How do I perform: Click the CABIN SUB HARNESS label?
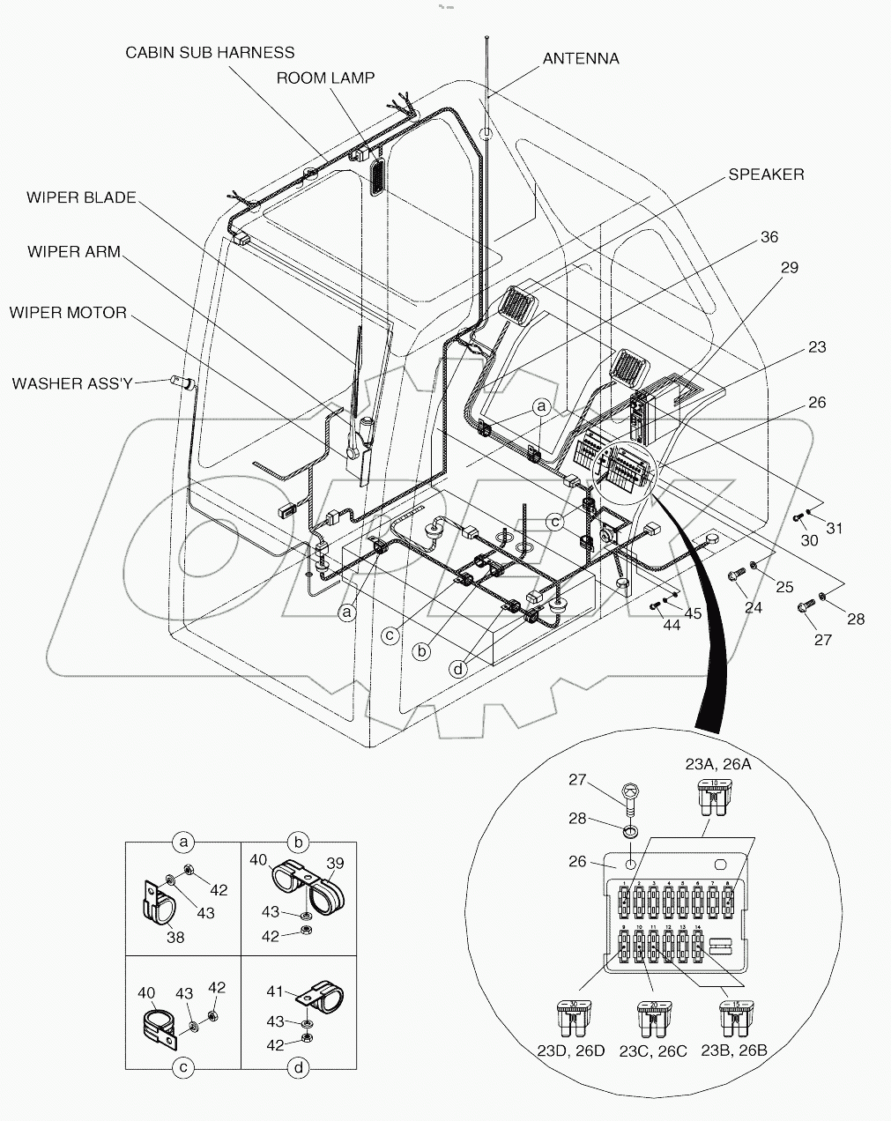click(x=210, y=53)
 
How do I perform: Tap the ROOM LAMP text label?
click(x=325, y=78)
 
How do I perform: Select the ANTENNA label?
click(x=580, y=59)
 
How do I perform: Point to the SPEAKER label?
click(x=765, y=174)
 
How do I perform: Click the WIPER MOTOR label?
click(x=68, y=313)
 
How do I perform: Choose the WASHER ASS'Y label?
click(x=72, y=383)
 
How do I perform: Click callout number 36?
click(x=769, y=237)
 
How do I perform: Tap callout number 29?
click(x=789, y=267)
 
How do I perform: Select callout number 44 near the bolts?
click(x=672, y=625)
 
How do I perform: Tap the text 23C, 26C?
click(x=654, y=1050)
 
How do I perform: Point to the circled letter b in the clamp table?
click(x=299, y=843)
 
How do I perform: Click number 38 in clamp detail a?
click(x=175, y=938)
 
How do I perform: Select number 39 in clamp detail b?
click(x=336, y=864)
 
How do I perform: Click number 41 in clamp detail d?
click(x=275, y=991)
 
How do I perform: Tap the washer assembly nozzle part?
click(x=182, y=382)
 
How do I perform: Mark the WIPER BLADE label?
click(x=81, y=197)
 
